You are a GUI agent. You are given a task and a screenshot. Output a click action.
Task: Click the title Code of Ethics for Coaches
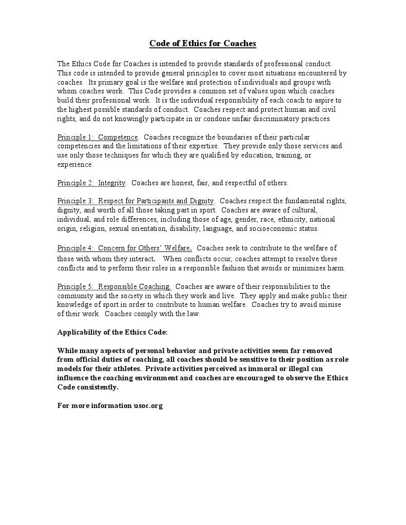tap(202, 43)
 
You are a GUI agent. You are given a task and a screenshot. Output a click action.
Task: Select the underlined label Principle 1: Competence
tap(98, 137)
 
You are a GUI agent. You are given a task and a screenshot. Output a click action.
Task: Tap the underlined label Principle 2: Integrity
tap(91, 183)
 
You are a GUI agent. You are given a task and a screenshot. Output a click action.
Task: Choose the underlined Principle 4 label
tap(124, 248)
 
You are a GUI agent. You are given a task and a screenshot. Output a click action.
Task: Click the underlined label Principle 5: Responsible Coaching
tap(114, 286)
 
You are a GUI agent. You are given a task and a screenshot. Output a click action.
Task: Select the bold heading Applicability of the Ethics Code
tap(112, 332)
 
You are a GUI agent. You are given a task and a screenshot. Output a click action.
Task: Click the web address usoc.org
tap(148, 405)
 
